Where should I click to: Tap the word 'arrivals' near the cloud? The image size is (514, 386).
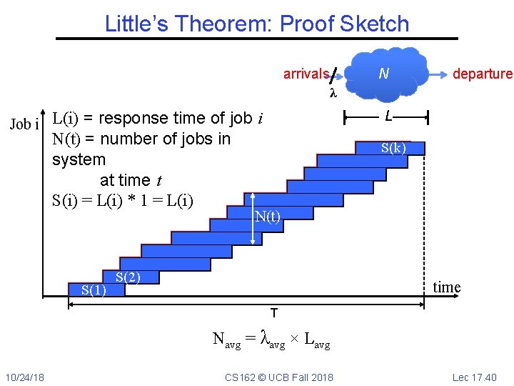pos(306,74)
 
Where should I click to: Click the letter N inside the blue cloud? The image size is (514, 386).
pos(383,73)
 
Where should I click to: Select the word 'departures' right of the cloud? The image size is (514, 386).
pos(482,74)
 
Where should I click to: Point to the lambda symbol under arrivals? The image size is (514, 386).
pos(332,93)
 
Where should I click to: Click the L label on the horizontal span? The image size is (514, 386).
pos(387,115)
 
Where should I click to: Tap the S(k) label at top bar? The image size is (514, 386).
pos(393,148)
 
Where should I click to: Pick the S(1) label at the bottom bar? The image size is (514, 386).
pos(94,290)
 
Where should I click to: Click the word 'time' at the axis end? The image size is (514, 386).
pos(447,287)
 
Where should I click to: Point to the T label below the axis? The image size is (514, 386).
pos(273,313)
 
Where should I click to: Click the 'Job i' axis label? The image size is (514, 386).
pos(24,124)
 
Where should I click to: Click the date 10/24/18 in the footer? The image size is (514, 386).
pos(25,377)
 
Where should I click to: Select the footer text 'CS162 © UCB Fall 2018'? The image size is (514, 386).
pos(278,377)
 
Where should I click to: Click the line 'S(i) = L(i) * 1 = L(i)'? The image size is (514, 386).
pos(123,200)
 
